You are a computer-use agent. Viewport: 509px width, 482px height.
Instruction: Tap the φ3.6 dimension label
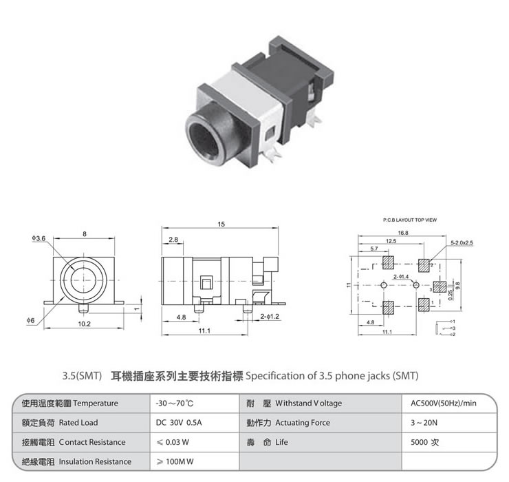[39, 238]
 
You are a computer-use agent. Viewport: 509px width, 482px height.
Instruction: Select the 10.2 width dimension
[84, 324]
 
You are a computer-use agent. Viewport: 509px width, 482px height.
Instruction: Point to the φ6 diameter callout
[30, 321]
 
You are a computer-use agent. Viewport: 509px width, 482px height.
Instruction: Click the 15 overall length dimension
[221, 224]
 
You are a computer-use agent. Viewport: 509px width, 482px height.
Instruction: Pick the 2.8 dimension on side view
[173, 240]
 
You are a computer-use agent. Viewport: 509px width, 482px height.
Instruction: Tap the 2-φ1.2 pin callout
[270, 317]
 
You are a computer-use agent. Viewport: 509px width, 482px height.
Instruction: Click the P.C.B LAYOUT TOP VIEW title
[410, 220]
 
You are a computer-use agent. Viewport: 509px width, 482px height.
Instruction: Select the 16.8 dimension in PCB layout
[403, 233]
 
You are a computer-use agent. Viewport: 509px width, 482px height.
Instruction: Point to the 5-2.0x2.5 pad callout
[462, 243]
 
